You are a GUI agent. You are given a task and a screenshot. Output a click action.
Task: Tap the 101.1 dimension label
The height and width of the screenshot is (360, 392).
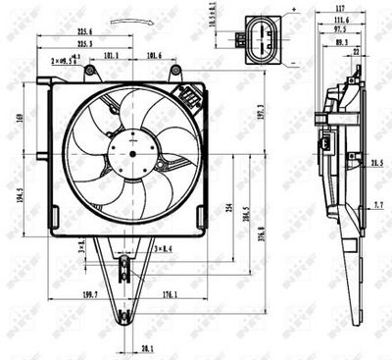point(111,56)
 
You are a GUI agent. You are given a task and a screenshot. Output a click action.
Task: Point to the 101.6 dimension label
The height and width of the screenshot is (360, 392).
point(155,56)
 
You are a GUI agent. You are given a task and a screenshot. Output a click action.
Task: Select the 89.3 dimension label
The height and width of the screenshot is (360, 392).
point(341,42)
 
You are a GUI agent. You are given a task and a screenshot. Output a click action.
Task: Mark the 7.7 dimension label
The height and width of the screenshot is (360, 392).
point(378,205)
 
